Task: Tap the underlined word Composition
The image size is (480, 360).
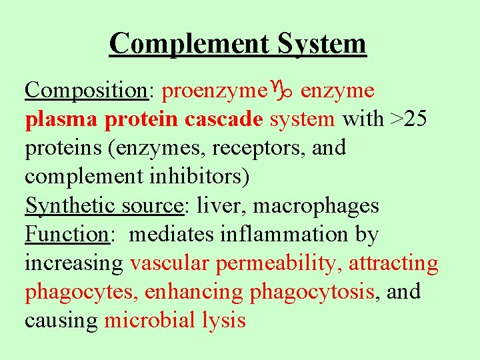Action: tap(86, 90)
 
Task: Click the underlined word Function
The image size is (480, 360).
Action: tap(67, 235)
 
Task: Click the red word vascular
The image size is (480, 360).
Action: tap(169, 263)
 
